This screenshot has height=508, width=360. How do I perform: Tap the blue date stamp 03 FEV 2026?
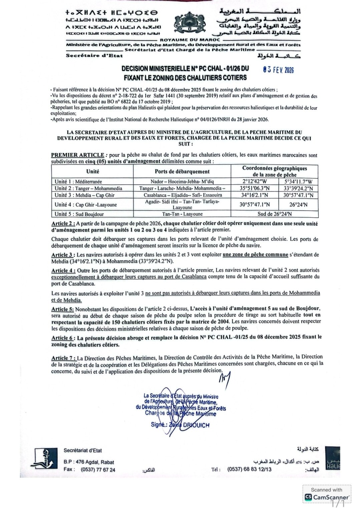point(278,70)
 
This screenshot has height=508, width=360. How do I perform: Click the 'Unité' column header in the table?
point(92,171)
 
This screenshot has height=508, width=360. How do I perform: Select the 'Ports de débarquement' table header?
point(182,171)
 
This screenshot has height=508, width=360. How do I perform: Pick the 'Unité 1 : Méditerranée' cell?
point(79,182)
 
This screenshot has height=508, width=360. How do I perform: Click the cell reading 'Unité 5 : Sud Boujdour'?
point(79,214)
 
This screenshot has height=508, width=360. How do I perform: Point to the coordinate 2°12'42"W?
point(255,182)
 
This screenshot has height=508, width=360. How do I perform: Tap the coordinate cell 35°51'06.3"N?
point(255,188)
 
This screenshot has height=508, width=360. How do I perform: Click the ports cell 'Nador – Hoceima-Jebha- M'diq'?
point(182,182)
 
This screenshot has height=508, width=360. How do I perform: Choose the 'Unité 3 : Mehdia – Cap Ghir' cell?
point(84,195)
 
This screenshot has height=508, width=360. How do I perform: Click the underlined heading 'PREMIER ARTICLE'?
point(77,155)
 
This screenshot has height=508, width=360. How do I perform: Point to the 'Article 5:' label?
point(62,309)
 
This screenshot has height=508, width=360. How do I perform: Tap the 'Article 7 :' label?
point(63,358)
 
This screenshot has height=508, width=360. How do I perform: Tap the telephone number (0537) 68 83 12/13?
point(249,469)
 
